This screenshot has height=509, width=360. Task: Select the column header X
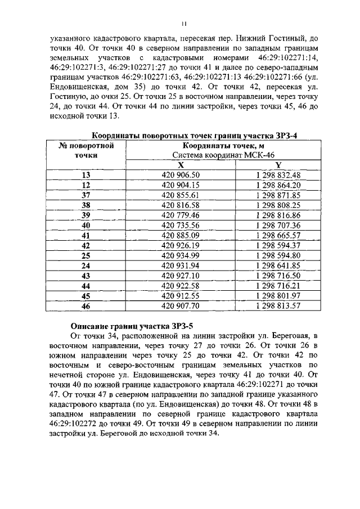(x=181, y=165)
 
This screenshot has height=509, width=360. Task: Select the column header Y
(x=278, y=165)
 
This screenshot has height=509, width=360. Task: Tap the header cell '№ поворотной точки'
(x=86, y=150)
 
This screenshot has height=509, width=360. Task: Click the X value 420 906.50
(x=181, y=175)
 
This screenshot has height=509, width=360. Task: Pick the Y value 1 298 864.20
(x=278, y=184)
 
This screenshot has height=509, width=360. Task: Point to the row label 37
(x=86, y=195)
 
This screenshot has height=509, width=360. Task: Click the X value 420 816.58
(x=181, y=205)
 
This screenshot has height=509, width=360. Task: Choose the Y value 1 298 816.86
(x=278, y=215)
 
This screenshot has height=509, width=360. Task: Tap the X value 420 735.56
(x=181, y=225)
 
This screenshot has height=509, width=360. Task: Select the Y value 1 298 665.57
(x=278, y=235)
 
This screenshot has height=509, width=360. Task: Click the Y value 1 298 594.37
(x=278, y=245)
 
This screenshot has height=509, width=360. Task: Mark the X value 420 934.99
(x=181, y=255)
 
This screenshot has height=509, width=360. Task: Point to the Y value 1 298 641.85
(x=278, y=265)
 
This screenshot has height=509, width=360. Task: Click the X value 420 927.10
(x=181, y=276)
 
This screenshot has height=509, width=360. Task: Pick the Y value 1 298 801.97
(x=278, y=296)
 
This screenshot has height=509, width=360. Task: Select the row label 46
(x=86, y=306)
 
